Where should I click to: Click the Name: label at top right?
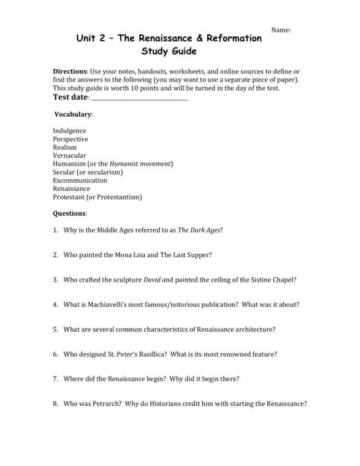tap(281, 30)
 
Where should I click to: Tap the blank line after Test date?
tap(139, 98)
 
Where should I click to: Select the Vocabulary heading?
tap(73, 114)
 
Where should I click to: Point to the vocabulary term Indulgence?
tap(69, 131)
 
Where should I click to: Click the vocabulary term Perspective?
tap(70, 139)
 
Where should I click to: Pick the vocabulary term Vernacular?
tap(69, 156)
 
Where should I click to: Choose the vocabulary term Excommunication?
tap(80, 180)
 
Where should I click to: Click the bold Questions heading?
tap(69, 213)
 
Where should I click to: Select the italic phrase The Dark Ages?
tap(199, 230)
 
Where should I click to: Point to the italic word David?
tap(152, 280)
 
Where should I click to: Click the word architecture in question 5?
tap(255, 329)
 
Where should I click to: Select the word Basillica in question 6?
tap(149, 354)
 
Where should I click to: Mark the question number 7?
tap(56, 379)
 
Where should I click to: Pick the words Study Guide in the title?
tap(169, 51)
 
